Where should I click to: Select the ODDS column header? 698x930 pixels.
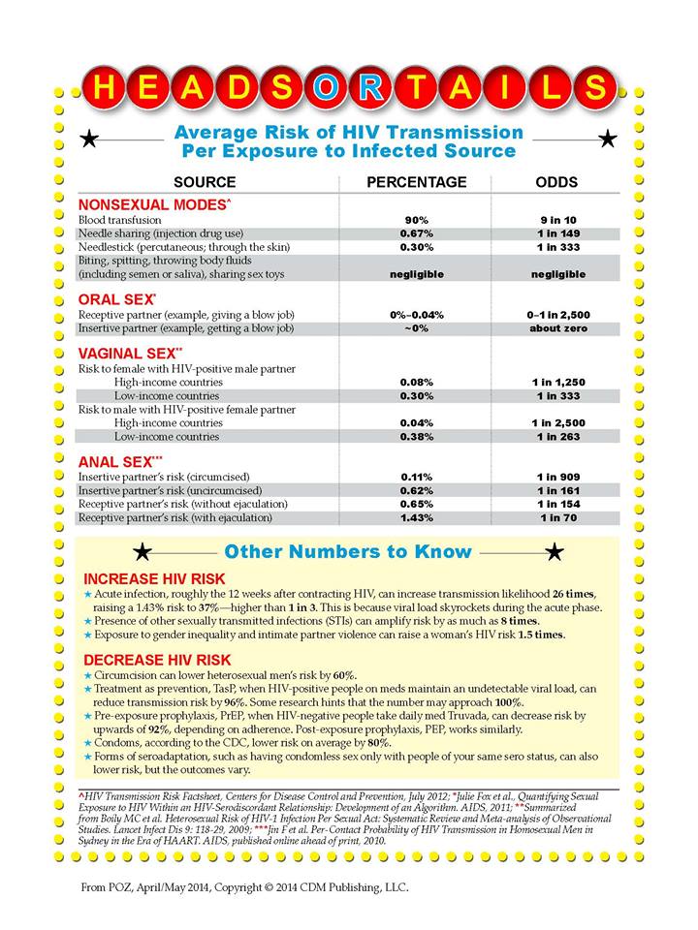557,182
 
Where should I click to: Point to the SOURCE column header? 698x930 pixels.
204,182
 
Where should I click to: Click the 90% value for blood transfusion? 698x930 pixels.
416,220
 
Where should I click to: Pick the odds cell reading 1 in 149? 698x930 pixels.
557,233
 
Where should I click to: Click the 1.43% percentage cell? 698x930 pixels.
416,518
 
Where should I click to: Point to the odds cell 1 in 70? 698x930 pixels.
557,518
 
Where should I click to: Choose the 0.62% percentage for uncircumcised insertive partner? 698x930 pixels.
416,491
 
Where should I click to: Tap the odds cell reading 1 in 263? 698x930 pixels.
557,436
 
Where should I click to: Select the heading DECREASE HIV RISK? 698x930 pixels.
162,657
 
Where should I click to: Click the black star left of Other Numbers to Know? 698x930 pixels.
143,552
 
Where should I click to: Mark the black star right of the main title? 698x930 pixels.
608,139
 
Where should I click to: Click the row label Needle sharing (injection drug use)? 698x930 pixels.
160,233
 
